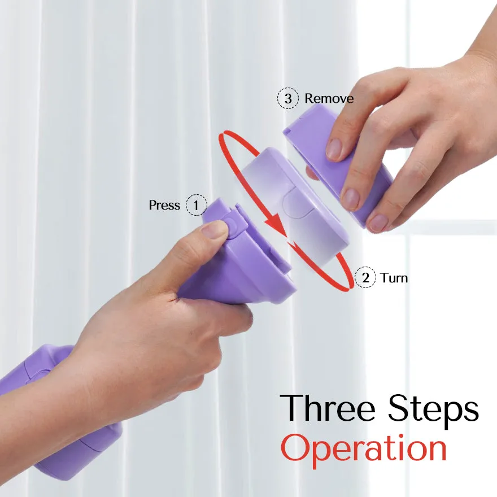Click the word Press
[164, 205]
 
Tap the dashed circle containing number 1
[196, 205]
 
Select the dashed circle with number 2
[365, 277]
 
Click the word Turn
[394, 278]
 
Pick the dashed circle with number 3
[288, 98]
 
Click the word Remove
[329, 98]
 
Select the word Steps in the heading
[433, 411]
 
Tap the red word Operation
[364, 450]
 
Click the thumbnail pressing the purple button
[214, 229]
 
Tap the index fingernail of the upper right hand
[334, 149]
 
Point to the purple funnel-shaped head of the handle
[241, 254]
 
